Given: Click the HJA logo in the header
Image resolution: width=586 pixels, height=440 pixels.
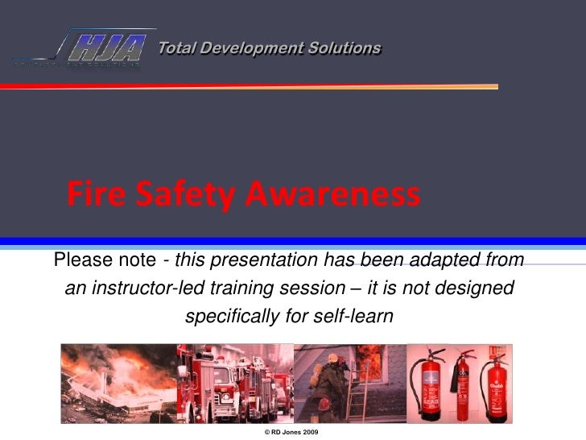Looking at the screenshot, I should (x=105, y=47).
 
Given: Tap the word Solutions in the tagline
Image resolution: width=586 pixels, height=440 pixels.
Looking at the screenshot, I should (x=344, y=48).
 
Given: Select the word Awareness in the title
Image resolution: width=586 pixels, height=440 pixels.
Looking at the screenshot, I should (x=332, y=195).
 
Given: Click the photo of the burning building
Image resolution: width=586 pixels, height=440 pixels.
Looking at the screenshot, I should (x=118, y=384).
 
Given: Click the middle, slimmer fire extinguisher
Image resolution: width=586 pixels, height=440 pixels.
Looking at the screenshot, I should (x=464, y=387).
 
